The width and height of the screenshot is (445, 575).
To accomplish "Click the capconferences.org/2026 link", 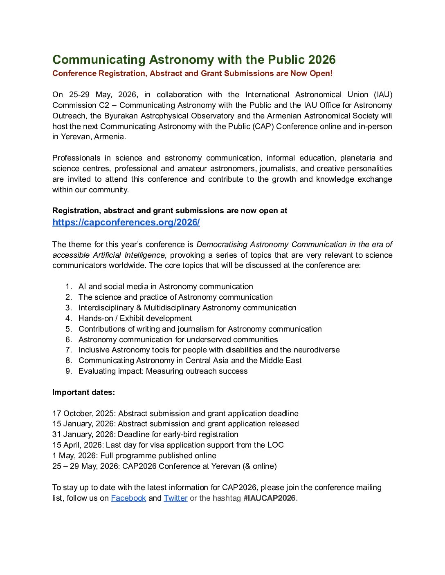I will [126, 223].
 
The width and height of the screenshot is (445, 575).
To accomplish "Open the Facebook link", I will [128, 498].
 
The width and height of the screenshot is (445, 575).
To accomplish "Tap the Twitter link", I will [175, 498].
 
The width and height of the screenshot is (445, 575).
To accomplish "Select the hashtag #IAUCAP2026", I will [269, 498].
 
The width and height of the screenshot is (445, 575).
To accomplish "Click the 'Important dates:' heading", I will [83, 392].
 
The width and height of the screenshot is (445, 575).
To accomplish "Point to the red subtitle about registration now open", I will [192, 74].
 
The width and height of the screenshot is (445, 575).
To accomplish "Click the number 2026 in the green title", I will [322, 60].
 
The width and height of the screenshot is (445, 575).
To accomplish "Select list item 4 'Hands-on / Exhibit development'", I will [135, 319].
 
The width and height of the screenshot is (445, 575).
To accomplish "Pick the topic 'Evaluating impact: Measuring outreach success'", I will [163, 371].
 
